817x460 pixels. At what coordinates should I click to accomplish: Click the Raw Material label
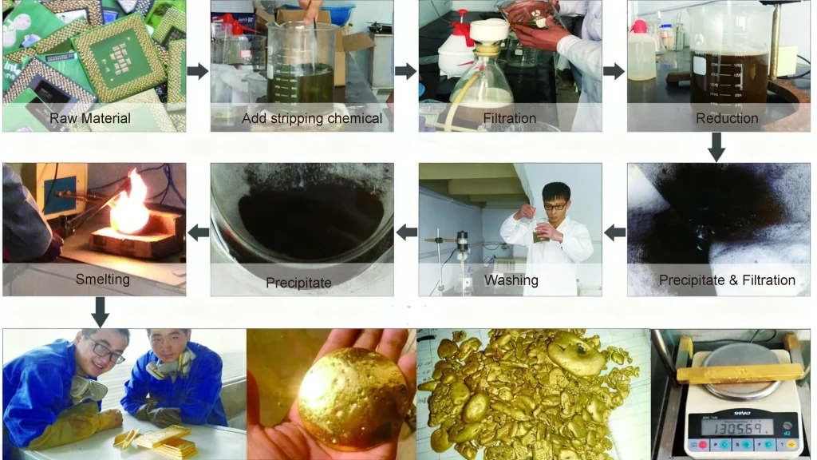point(90,119)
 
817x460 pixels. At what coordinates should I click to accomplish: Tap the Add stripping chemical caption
point(312,119)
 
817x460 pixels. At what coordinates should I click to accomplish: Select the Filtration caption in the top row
point(510,119)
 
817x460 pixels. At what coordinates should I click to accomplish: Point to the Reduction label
point(727,119)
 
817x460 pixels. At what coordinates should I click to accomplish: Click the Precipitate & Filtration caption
point(727,280)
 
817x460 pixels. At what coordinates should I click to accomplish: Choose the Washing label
point(511,280)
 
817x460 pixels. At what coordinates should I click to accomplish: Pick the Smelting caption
point(103,280)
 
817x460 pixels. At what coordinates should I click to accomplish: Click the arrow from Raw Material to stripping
point(197,71)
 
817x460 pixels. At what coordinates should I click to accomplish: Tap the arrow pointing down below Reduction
point(716,147)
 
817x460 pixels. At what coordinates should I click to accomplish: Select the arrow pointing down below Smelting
point(100,311)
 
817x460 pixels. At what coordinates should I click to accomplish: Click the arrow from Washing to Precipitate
point(407,232)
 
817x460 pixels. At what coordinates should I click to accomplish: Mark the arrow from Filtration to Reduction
point(614,71)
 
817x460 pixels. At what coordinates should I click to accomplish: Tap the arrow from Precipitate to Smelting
point(198,232)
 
